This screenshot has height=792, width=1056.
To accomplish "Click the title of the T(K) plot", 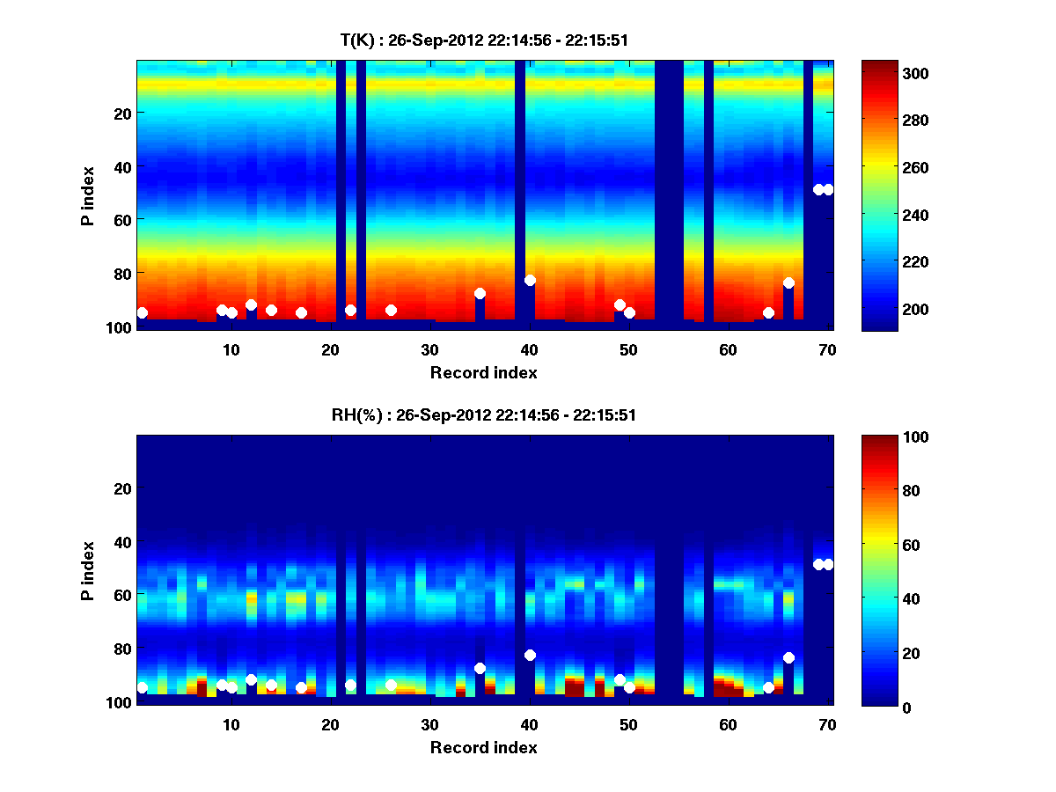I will pos(484,40).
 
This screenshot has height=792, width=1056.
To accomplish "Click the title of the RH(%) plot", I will pos(484,414).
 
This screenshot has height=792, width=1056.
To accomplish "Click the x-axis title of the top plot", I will pos(484,372).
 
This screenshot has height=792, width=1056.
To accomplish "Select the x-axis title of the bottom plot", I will pos(484,747).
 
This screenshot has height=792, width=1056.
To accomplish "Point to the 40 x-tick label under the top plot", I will pos(530,348).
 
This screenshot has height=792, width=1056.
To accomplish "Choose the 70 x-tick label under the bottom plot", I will pos(827,724).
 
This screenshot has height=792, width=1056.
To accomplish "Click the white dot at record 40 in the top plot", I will pos(530,281).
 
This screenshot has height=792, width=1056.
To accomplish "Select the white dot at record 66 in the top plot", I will pos(788,283).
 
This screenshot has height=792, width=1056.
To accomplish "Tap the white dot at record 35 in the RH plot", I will pos(480,668).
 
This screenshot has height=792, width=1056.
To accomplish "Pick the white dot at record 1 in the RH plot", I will pos(142,687).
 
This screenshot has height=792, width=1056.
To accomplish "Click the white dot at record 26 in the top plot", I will pos(391,310).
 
